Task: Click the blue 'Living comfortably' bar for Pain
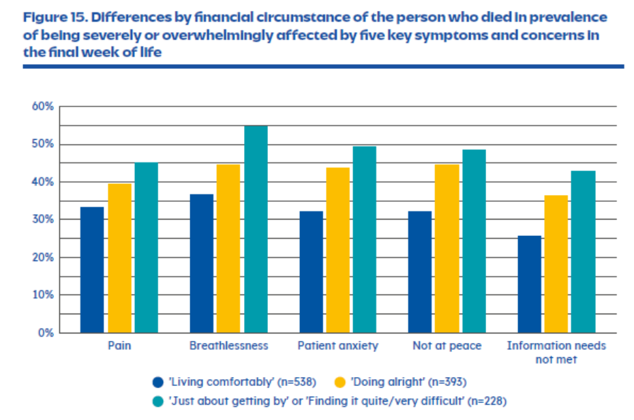coord(92,269)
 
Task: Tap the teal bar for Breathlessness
coord(256,229)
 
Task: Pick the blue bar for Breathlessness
coord(201,263)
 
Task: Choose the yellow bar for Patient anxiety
coord(337,250)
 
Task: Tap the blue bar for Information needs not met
coord(528,284)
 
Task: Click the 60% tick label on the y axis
coord(42,107)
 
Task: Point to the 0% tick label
coord(45,333)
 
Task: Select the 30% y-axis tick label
coord(42,220)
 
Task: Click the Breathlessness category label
coord(228,346)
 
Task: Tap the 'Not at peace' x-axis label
coord(447,346)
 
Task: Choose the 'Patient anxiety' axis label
coord(337,346)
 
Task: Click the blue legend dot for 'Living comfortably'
coord(157,381)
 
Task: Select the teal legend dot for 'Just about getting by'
coord(157,400)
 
